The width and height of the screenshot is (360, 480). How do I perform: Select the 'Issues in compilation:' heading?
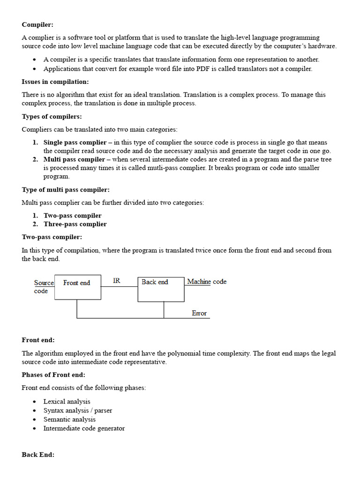(55, 82)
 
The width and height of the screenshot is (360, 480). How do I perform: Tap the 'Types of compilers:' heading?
(52, 116)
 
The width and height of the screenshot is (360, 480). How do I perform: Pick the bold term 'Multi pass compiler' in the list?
(74, 159)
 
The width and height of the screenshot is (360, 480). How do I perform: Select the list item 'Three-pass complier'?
(75, 224)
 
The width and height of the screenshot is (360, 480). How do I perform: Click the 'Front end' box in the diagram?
(77, 287)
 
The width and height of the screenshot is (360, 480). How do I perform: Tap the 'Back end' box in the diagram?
(160, 289)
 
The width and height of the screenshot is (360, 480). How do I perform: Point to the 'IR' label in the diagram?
(117, 281)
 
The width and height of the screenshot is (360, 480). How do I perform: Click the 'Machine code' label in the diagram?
(207, 282)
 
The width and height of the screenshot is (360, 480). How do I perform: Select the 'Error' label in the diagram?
(199, 313)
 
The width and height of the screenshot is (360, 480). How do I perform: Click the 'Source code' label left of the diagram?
(43, 287)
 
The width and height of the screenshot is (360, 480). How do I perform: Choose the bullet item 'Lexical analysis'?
(67, 402)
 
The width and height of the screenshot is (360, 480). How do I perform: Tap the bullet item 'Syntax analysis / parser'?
(77, 411)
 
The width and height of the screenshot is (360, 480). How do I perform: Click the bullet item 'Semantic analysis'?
(69, 420)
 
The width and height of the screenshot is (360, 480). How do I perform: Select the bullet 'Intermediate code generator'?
(84, 428)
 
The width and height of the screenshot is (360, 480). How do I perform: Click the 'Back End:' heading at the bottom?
(38, 455)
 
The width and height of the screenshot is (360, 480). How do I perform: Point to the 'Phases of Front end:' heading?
(53, 375)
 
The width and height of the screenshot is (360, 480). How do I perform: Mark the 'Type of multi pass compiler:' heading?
(66, 190)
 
